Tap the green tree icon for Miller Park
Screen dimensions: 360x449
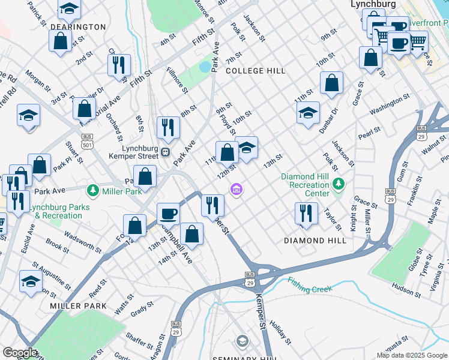(93, 191)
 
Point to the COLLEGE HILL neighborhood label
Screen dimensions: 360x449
(256, 71)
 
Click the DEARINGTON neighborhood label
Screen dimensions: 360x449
(78, 27)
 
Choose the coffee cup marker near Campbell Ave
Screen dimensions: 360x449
(168, 213)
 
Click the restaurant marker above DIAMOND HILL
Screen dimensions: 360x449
(306, 214)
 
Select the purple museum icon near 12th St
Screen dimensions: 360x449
(237, 190)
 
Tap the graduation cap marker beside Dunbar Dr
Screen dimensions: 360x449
(308, 112)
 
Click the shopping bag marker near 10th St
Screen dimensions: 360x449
(331, 83)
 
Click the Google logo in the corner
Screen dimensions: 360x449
(20, 353)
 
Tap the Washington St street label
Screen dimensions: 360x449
(390, 103)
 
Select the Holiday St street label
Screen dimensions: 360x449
(280, 331)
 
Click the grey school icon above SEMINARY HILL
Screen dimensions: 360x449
(241, 341)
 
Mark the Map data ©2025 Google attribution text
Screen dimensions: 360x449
(411, 355)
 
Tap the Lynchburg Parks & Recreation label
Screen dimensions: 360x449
(60, 211)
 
